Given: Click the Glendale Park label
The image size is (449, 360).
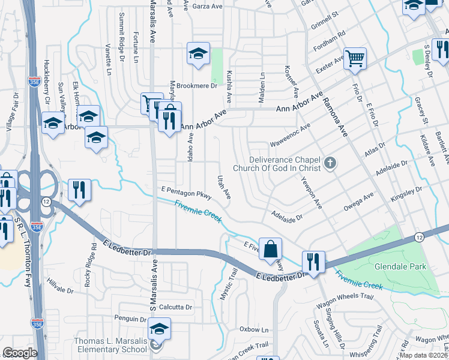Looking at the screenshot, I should [408, 266].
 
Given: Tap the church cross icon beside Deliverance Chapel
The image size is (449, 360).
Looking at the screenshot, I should [329, 163].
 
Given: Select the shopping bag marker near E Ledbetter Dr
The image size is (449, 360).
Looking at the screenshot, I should [271, 248].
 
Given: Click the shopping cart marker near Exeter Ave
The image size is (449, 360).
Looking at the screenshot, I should [355, 58].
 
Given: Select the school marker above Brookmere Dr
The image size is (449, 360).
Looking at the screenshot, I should [197, 54].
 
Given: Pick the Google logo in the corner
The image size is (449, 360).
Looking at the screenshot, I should [20, 353].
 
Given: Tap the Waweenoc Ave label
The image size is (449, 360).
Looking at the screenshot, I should [290, 136].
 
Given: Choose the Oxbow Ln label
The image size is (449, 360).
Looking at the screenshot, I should [254, 329].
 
